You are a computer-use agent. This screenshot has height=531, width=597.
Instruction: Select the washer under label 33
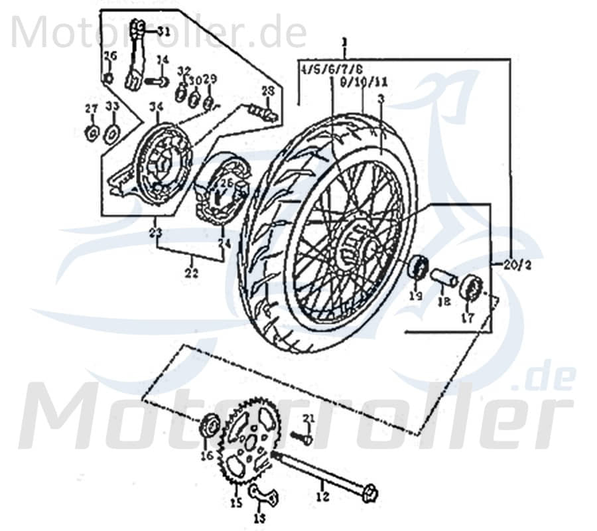click(113, 133)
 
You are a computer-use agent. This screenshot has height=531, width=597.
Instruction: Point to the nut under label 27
click(92, 133)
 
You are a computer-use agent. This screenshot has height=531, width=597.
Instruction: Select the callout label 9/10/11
click(364, 84)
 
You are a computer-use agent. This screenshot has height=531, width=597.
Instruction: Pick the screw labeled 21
click(299, 437)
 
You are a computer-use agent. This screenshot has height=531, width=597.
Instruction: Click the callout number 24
click(225, 244)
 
